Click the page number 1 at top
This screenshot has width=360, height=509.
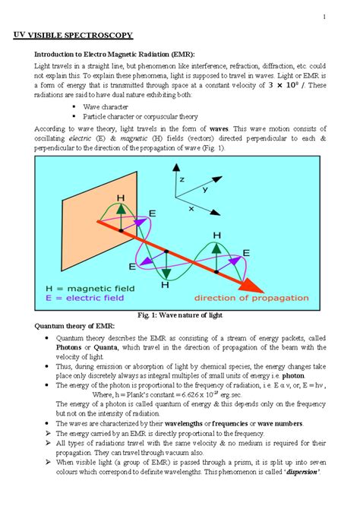pyautogui.click(x=323, y=18)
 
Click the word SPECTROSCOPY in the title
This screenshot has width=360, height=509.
pyautogui.click(x=97, y=36)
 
